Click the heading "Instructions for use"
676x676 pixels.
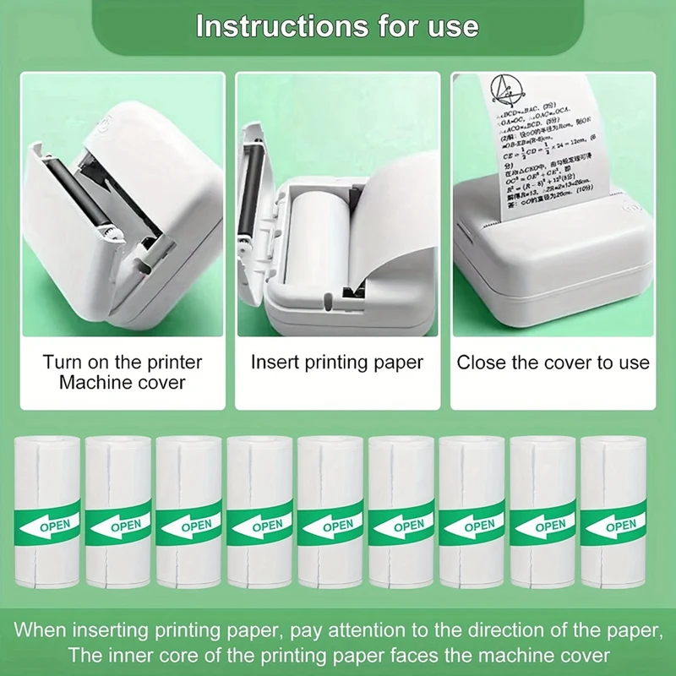click(x=337, y=26)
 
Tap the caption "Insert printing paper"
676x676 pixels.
click(x=337, y=363)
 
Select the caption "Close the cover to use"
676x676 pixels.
click(x=553, y=363)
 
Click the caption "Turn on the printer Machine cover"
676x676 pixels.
click(x=123, y=372)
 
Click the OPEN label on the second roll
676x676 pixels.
click(x=126, y=526)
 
